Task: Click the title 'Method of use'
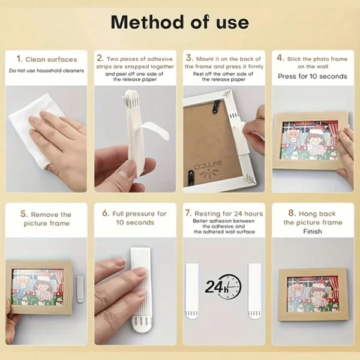(179, 22)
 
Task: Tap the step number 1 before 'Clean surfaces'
(19, 59)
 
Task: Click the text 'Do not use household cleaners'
(46, 71)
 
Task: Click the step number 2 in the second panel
(100, 59)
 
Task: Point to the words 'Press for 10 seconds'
(312, 76)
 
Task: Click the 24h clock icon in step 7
(223, 287)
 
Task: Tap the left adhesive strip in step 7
(192, 290)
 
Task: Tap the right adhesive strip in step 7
(255, 290)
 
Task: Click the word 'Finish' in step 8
(312, 231)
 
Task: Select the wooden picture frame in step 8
(312, 293)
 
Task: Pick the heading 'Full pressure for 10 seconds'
(134, 218)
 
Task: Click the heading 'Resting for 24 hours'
(223, 214)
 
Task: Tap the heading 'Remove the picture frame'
(46, 218)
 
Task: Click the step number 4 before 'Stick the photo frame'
(280, 59)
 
